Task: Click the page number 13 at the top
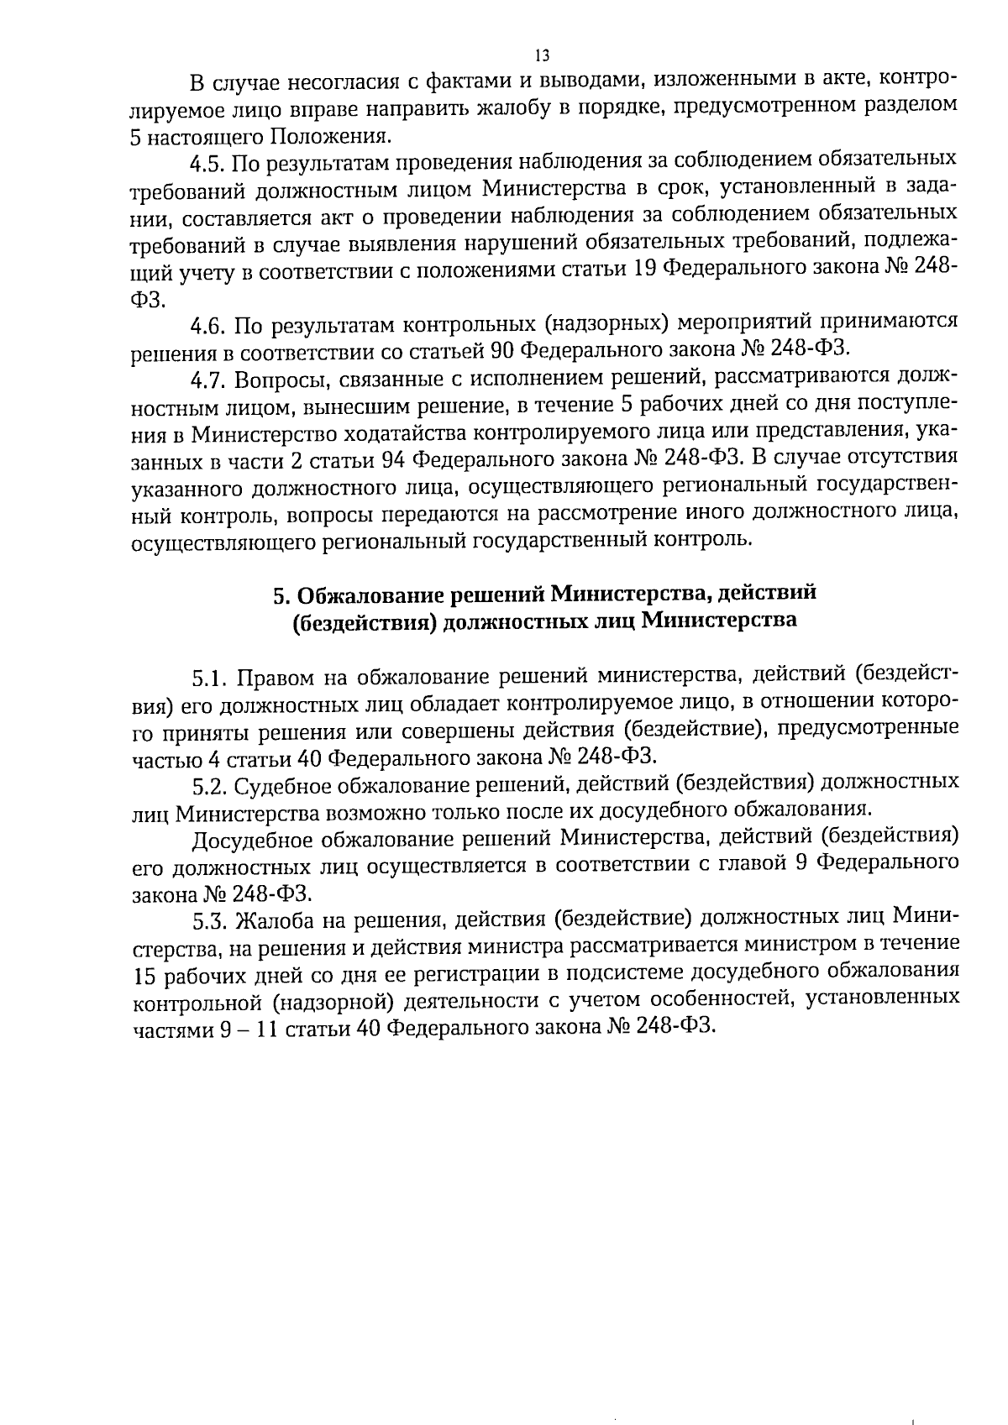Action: click(x=542, y=56)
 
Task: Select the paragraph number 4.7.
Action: click(x=209, y=380)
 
